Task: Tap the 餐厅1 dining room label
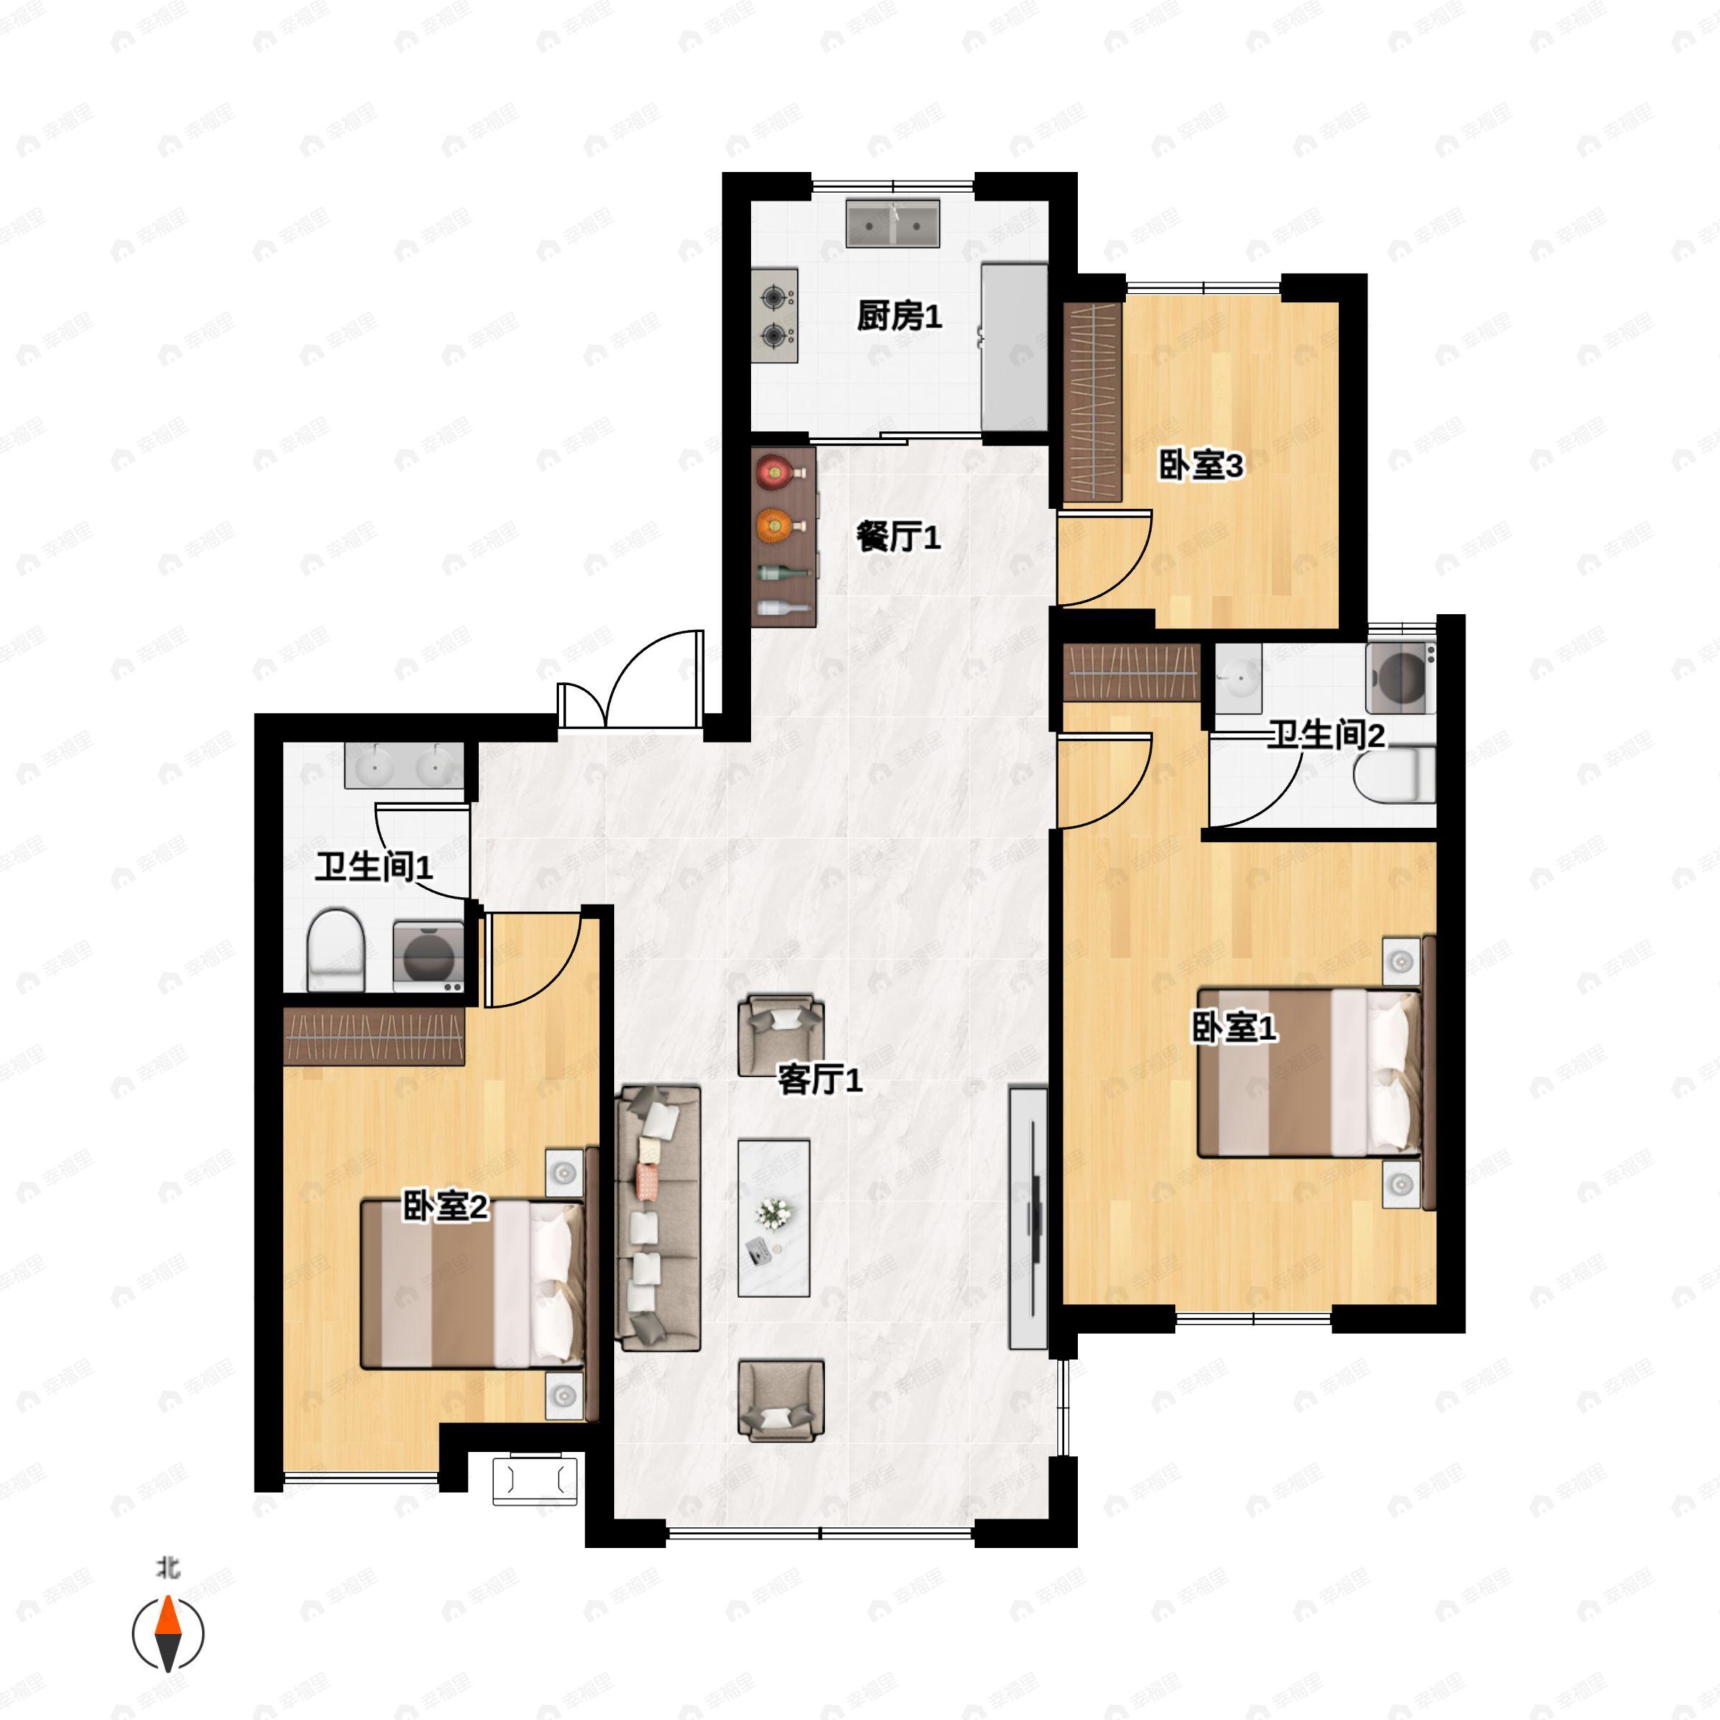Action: pyautogui.click(x=897, y=537)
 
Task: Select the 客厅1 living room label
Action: pyautogui.click(x=819, y=1080)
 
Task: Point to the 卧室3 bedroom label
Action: pyautogui.click(x=1200, y=466)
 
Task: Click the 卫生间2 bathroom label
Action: pyautogui.click(x=1326, y=735)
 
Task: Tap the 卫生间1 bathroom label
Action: pyautogui.click(x=374, y=867)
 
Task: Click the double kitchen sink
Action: pyautogui.click(x=892, y=224)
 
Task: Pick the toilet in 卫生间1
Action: pyautogui.click(x=335, y=951)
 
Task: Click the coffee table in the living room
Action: pyautogui.click(x=774, y=1217)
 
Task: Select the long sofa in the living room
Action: pyautogui.click(x=657, y=1217)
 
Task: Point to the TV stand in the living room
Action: pyautogui.click(x=1028, y=1217)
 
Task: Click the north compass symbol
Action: pyautogui.click(x=168, y=1634)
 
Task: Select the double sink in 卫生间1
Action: pyautogui.click(x=405, y=765)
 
